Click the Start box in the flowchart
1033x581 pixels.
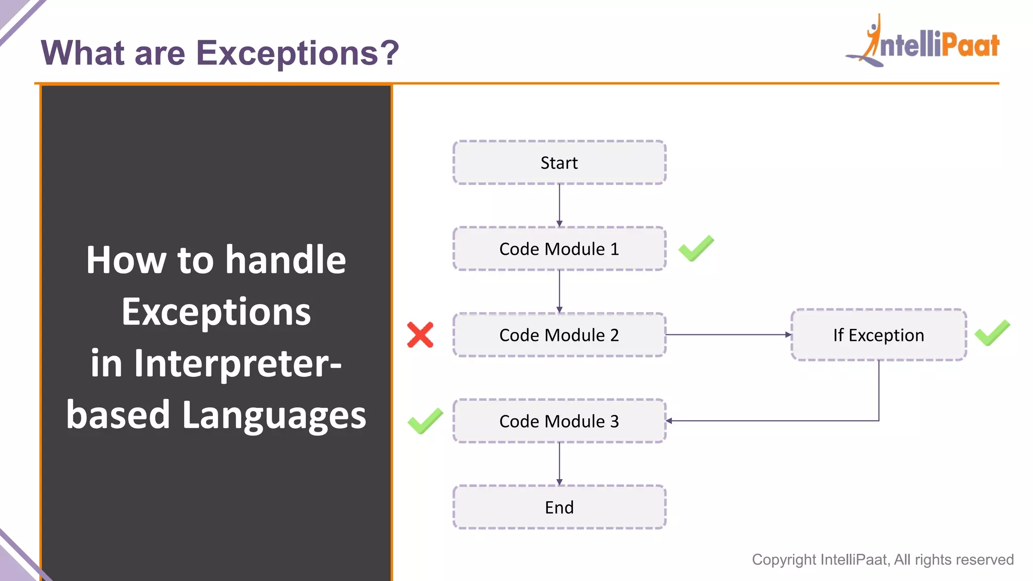click(559, 162)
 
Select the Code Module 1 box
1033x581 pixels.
click(559, 249)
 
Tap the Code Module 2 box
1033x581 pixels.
click(559, 335)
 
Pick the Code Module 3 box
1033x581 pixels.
click(559, 421)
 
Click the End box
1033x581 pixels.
click(559, 507)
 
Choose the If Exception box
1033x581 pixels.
click(879, 335)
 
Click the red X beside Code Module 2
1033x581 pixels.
click(420, 335)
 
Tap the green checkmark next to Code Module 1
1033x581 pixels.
click(696, 248)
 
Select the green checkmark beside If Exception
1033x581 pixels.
click(992, 333)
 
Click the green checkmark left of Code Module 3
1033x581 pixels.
click(425, 421)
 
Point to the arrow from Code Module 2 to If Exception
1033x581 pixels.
click(728, 334)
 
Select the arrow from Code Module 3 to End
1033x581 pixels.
click(559, 463)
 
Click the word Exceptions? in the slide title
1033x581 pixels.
click(298, 53)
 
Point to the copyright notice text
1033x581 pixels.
click(883, 559)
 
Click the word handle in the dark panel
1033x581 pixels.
click(285, 260)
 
